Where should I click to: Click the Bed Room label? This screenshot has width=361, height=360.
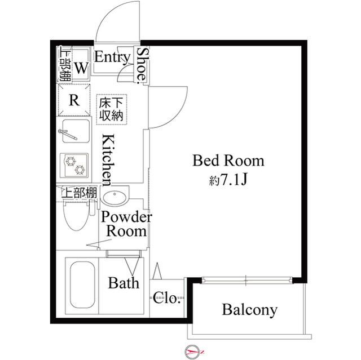(x=228, y=161)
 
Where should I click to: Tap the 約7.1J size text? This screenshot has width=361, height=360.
(x=228, y=180)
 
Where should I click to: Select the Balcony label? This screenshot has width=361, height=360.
(x=249, y=309)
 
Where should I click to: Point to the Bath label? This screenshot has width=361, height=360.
(x=124, y=283)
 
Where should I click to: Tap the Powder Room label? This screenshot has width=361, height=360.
(x=127, y=224)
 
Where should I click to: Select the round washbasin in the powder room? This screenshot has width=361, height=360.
(x=116, y=198)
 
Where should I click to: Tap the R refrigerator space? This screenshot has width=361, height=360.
(x=74, y=100)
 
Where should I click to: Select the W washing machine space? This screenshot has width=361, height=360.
(x=81, y=69)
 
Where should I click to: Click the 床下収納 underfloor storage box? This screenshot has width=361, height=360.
(x=112, y=109)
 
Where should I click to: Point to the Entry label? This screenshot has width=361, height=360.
(x=112, y=57)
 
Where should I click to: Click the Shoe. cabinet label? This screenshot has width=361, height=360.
(x=143, y=64)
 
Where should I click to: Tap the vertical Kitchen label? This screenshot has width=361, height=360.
(x=108, y=159)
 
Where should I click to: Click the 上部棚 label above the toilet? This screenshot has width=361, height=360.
(x=79, y=193)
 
